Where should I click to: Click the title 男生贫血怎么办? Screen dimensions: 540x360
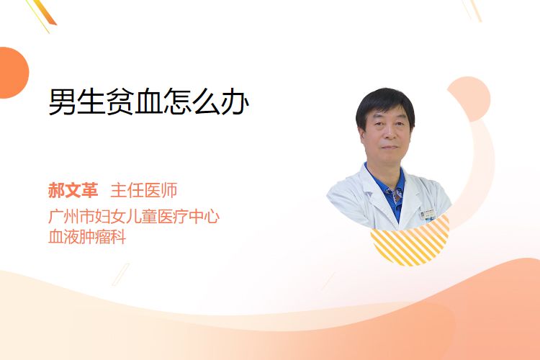149,102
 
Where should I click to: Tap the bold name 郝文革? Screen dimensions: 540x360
73,190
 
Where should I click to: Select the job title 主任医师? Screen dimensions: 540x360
144,190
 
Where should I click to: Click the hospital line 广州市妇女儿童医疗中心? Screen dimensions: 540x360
134,217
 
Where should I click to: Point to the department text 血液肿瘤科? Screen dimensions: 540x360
87,237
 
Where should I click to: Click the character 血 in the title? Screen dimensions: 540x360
149,102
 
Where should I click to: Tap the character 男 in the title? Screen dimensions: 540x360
63,102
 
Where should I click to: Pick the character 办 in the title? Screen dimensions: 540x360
235,102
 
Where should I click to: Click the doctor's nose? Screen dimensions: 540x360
388,133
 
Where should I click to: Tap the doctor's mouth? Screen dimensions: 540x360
390,148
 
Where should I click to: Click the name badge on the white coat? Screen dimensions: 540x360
428,215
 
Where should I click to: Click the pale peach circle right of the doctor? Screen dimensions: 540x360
469,99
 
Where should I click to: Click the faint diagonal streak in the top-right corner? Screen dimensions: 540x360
473,10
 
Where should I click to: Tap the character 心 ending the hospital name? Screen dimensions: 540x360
211,217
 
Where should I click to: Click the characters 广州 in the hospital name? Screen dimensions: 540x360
63,217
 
